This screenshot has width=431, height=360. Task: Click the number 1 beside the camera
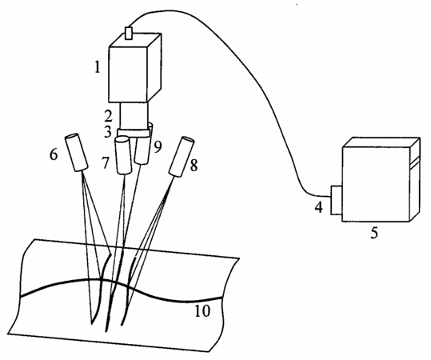tap(97, 67)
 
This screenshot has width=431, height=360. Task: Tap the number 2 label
tap(108, 116)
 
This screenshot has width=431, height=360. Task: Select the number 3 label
tap(108, 132)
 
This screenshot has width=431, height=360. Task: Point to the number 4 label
tap(319, 207)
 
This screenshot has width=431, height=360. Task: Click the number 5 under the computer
tap(374, 233)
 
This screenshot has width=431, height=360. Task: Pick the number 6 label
tap(54, 154)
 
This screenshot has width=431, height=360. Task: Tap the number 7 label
tap(106, 163)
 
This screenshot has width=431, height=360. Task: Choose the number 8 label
tap(194, 166)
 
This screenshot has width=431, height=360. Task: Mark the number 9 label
tap(157, 147)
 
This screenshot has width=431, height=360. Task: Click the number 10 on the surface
tap(202, 310)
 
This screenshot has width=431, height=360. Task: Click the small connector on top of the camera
tap(129, 33)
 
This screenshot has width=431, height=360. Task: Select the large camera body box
tap(134, 68)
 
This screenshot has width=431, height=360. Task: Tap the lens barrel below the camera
tap(134, 116)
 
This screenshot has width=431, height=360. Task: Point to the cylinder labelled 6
tap(76, 152)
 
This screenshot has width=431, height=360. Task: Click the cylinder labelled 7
tap(123, 156)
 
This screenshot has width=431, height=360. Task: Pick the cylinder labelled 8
tap(182, 157)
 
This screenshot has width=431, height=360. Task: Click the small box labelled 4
tap(337, 200)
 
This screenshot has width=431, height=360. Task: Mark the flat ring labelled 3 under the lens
tap(134, 133)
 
